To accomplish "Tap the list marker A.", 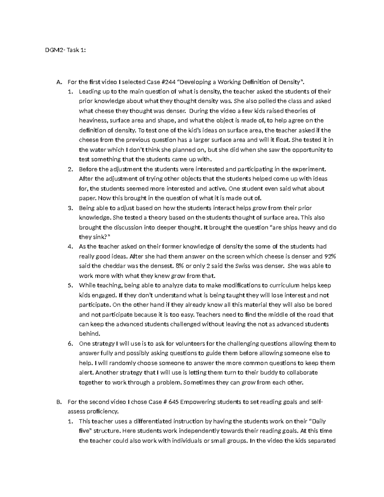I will pos(58,82).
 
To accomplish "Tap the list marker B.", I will pos(58,402).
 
